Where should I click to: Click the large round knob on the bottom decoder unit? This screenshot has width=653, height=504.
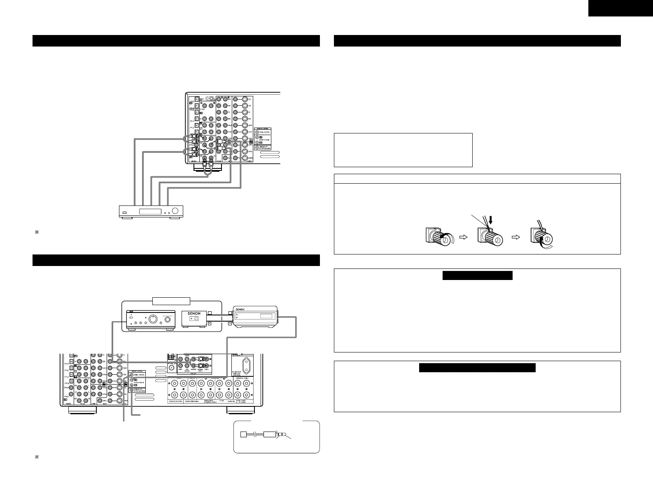coord(177,211)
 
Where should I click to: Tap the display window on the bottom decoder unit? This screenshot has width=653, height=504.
coord(150,211)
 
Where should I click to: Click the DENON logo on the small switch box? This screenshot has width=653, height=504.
coord(194,313)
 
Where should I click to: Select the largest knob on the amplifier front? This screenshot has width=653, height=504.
coord(153,319)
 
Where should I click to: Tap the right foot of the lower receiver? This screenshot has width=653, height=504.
coord(240,410)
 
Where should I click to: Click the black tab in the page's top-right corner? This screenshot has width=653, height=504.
coord(620,8)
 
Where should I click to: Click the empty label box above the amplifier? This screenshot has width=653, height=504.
coord(171,301)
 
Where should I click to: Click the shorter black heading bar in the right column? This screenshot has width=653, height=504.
coord(477,275)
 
